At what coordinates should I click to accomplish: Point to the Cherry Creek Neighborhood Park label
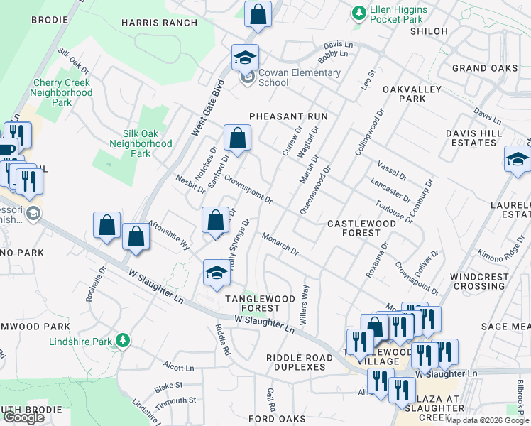coord(62,92)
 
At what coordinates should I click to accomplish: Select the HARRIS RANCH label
coord(159,23)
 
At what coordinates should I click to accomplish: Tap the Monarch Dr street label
coord(280,244)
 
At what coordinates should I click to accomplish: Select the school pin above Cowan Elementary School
coord(245,58)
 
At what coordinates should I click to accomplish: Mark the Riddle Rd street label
coord(223,340)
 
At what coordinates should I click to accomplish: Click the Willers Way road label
coord(305,306)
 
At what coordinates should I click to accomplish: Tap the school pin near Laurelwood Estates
coord(518,160)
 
